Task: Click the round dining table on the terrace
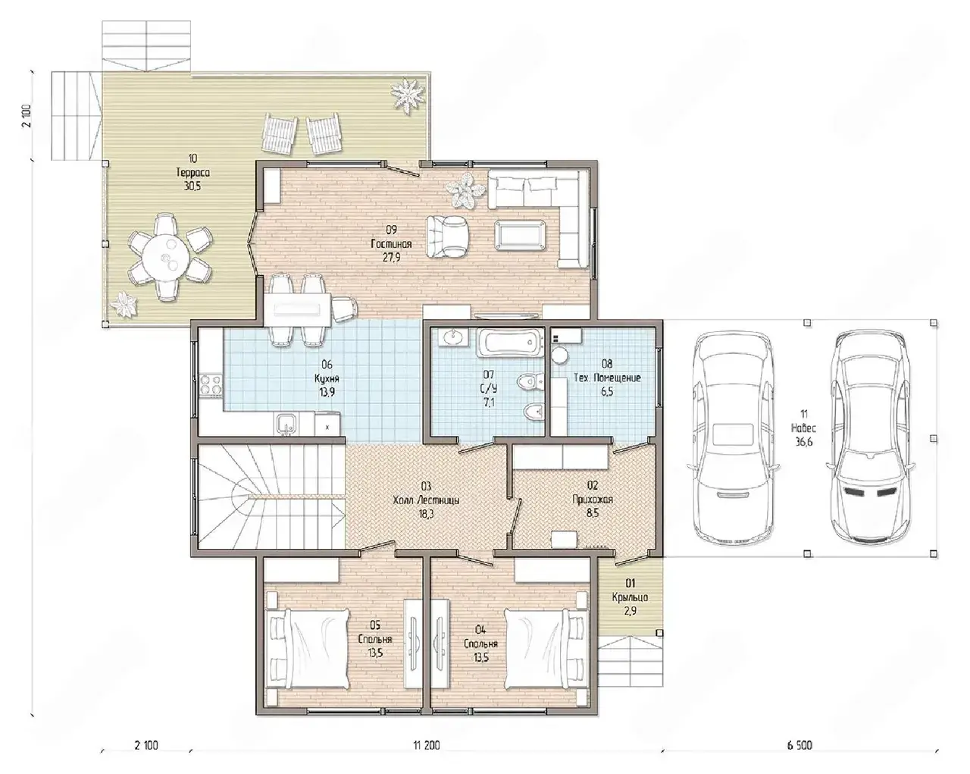click(x=165, y=258)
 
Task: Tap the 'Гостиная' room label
click(x=391, y=244)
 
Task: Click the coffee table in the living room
click(x=520, y=234)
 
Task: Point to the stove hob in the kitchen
click(x=211, y=385)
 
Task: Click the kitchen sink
click(x=286, y=425)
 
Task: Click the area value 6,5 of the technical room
click(x=607, y=392)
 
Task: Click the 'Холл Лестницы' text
click(x=426, y=500)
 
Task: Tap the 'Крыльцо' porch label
click(x=630, y=597)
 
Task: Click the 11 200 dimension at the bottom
click(x=426, y=745)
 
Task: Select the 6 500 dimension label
click(x=799, y=745)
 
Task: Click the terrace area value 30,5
click(x=192, y=186)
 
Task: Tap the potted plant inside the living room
click(x=466, y=191)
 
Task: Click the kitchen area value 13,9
click(x=327, y=393)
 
